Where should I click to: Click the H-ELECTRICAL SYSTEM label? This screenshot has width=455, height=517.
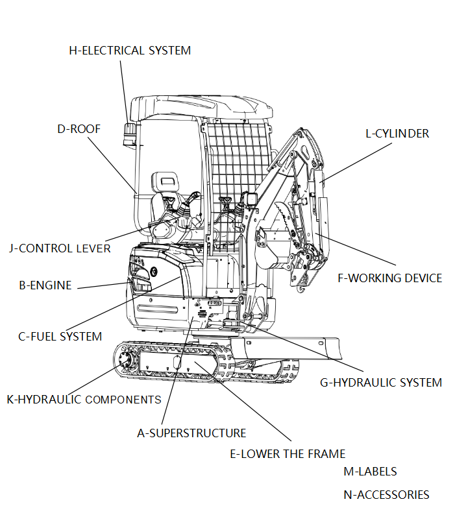130,50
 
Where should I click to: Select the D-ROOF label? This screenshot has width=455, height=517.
79,128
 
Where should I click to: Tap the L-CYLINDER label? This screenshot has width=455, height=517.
397,134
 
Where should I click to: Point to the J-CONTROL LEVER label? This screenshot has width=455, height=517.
60,248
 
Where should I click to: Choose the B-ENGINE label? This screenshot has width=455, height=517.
45,285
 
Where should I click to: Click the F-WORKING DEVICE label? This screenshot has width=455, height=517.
389,278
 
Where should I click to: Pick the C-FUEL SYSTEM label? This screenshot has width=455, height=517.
60,336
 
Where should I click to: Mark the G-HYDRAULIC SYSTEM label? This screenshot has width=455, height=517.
380,382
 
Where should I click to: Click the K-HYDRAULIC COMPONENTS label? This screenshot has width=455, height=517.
84,399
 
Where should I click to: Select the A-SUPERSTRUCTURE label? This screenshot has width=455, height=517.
191,433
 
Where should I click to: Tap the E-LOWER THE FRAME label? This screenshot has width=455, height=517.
288,453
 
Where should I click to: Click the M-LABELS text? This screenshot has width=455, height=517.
370,472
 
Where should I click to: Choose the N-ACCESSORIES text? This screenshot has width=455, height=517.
386,494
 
